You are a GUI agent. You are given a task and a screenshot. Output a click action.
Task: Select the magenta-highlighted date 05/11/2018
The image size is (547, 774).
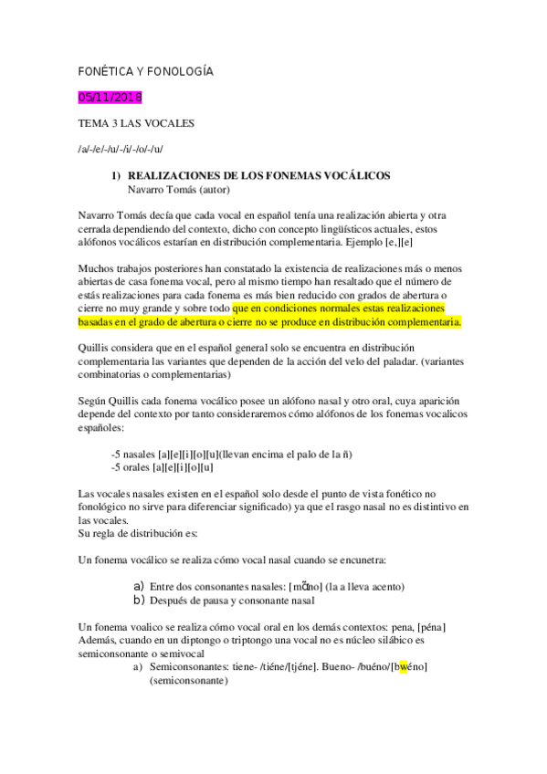(x=110, y=98)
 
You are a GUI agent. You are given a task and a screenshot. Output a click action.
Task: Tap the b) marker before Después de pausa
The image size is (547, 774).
(x=140, y=601)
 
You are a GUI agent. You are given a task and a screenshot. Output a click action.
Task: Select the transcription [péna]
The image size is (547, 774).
(x=427, y=627)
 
